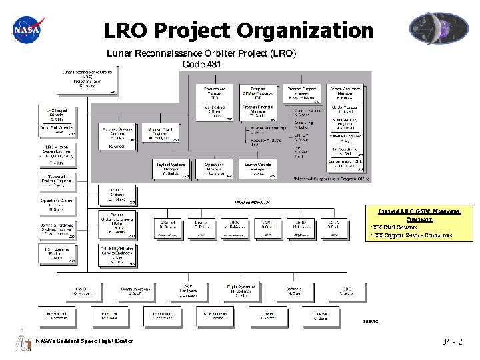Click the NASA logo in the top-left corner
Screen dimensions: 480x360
click(27, 29)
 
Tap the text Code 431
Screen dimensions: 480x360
click(202, 65)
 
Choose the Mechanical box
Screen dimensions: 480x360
click(57, 316)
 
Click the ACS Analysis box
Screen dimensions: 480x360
click(215, 316)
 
